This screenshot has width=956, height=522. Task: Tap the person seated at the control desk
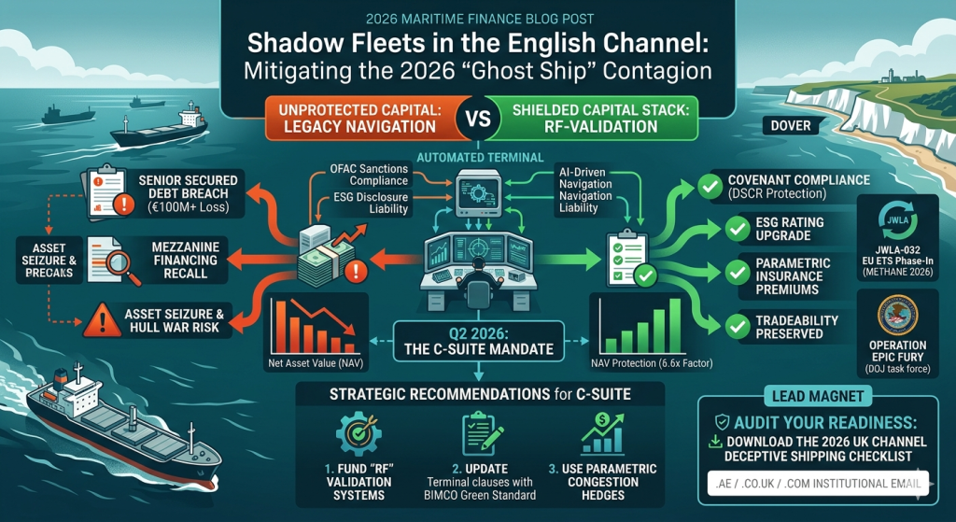471,272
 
